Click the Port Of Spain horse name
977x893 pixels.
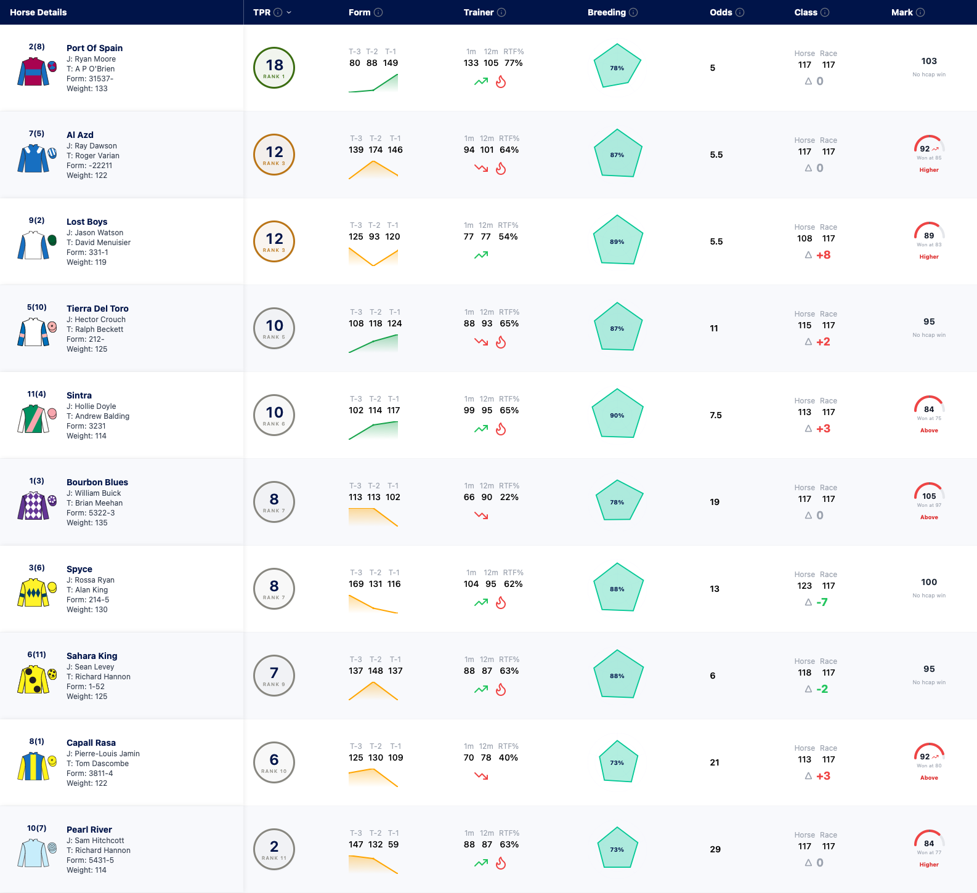point(94,48)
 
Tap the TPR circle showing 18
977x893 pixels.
point(274,68)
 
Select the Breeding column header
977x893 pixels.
point(607,12)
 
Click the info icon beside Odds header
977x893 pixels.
point(740,12)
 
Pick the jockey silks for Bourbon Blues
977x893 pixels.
point(34,506)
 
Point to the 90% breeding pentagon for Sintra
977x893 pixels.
point(617,413)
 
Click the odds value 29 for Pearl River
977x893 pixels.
point(715,849)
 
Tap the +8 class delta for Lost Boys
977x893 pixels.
point(823,255)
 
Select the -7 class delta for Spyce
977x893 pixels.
point(822,602)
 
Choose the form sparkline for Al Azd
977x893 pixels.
point(373,170)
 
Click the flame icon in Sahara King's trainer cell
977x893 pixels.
point(501,690)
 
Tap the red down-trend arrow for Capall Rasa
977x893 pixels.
point(481,776)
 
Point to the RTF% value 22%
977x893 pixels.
point(509,497)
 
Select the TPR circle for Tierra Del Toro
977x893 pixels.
point(274,328)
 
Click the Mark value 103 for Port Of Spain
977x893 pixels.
point(929,61)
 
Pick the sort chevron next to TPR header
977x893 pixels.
point(289,12)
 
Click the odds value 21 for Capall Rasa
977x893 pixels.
point(715,762)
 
